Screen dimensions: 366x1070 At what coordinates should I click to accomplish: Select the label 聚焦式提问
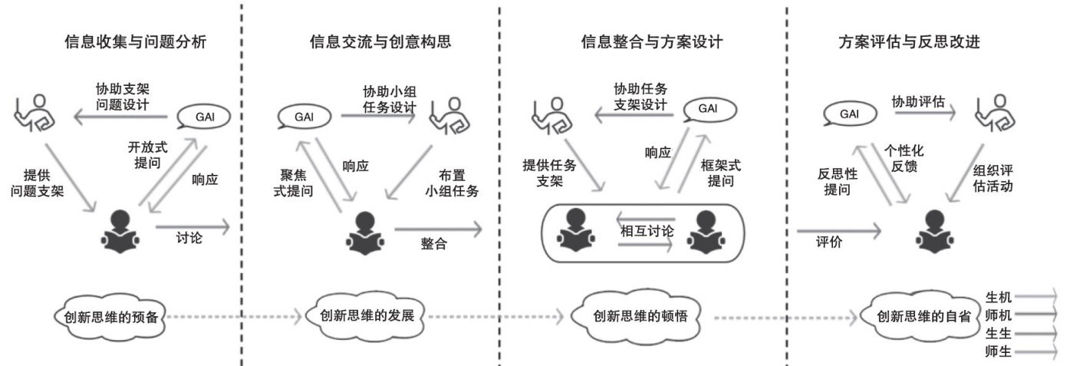(292, 183)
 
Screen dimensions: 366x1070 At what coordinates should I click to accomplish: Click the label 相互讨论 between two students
(646, 230)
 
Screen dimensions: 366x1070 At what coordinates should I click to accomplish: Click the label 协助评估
(918, 102)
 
